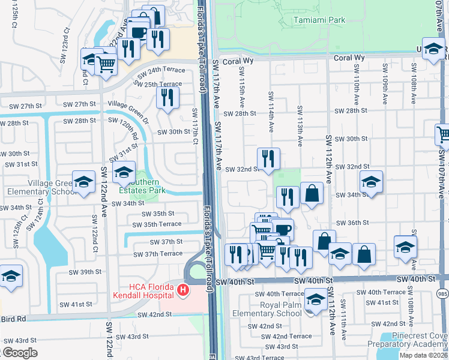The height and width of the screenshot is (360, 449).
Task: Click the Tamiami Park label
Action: (x=319, y=20)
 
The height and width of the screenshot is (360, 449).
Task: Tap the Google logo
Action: (x=20, y=353)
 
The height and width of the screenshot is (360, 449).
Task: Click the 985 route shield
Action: (x=443, y=293)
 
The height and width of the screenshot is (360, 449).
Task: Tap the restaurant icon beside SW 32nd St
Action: (x=268, y=158)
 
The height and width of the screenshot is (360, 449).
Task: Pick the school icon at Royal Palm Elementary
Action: (x=315, y=299)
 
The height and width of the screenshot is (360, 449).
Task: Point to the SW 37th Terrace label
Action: (x=157, y=254)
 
